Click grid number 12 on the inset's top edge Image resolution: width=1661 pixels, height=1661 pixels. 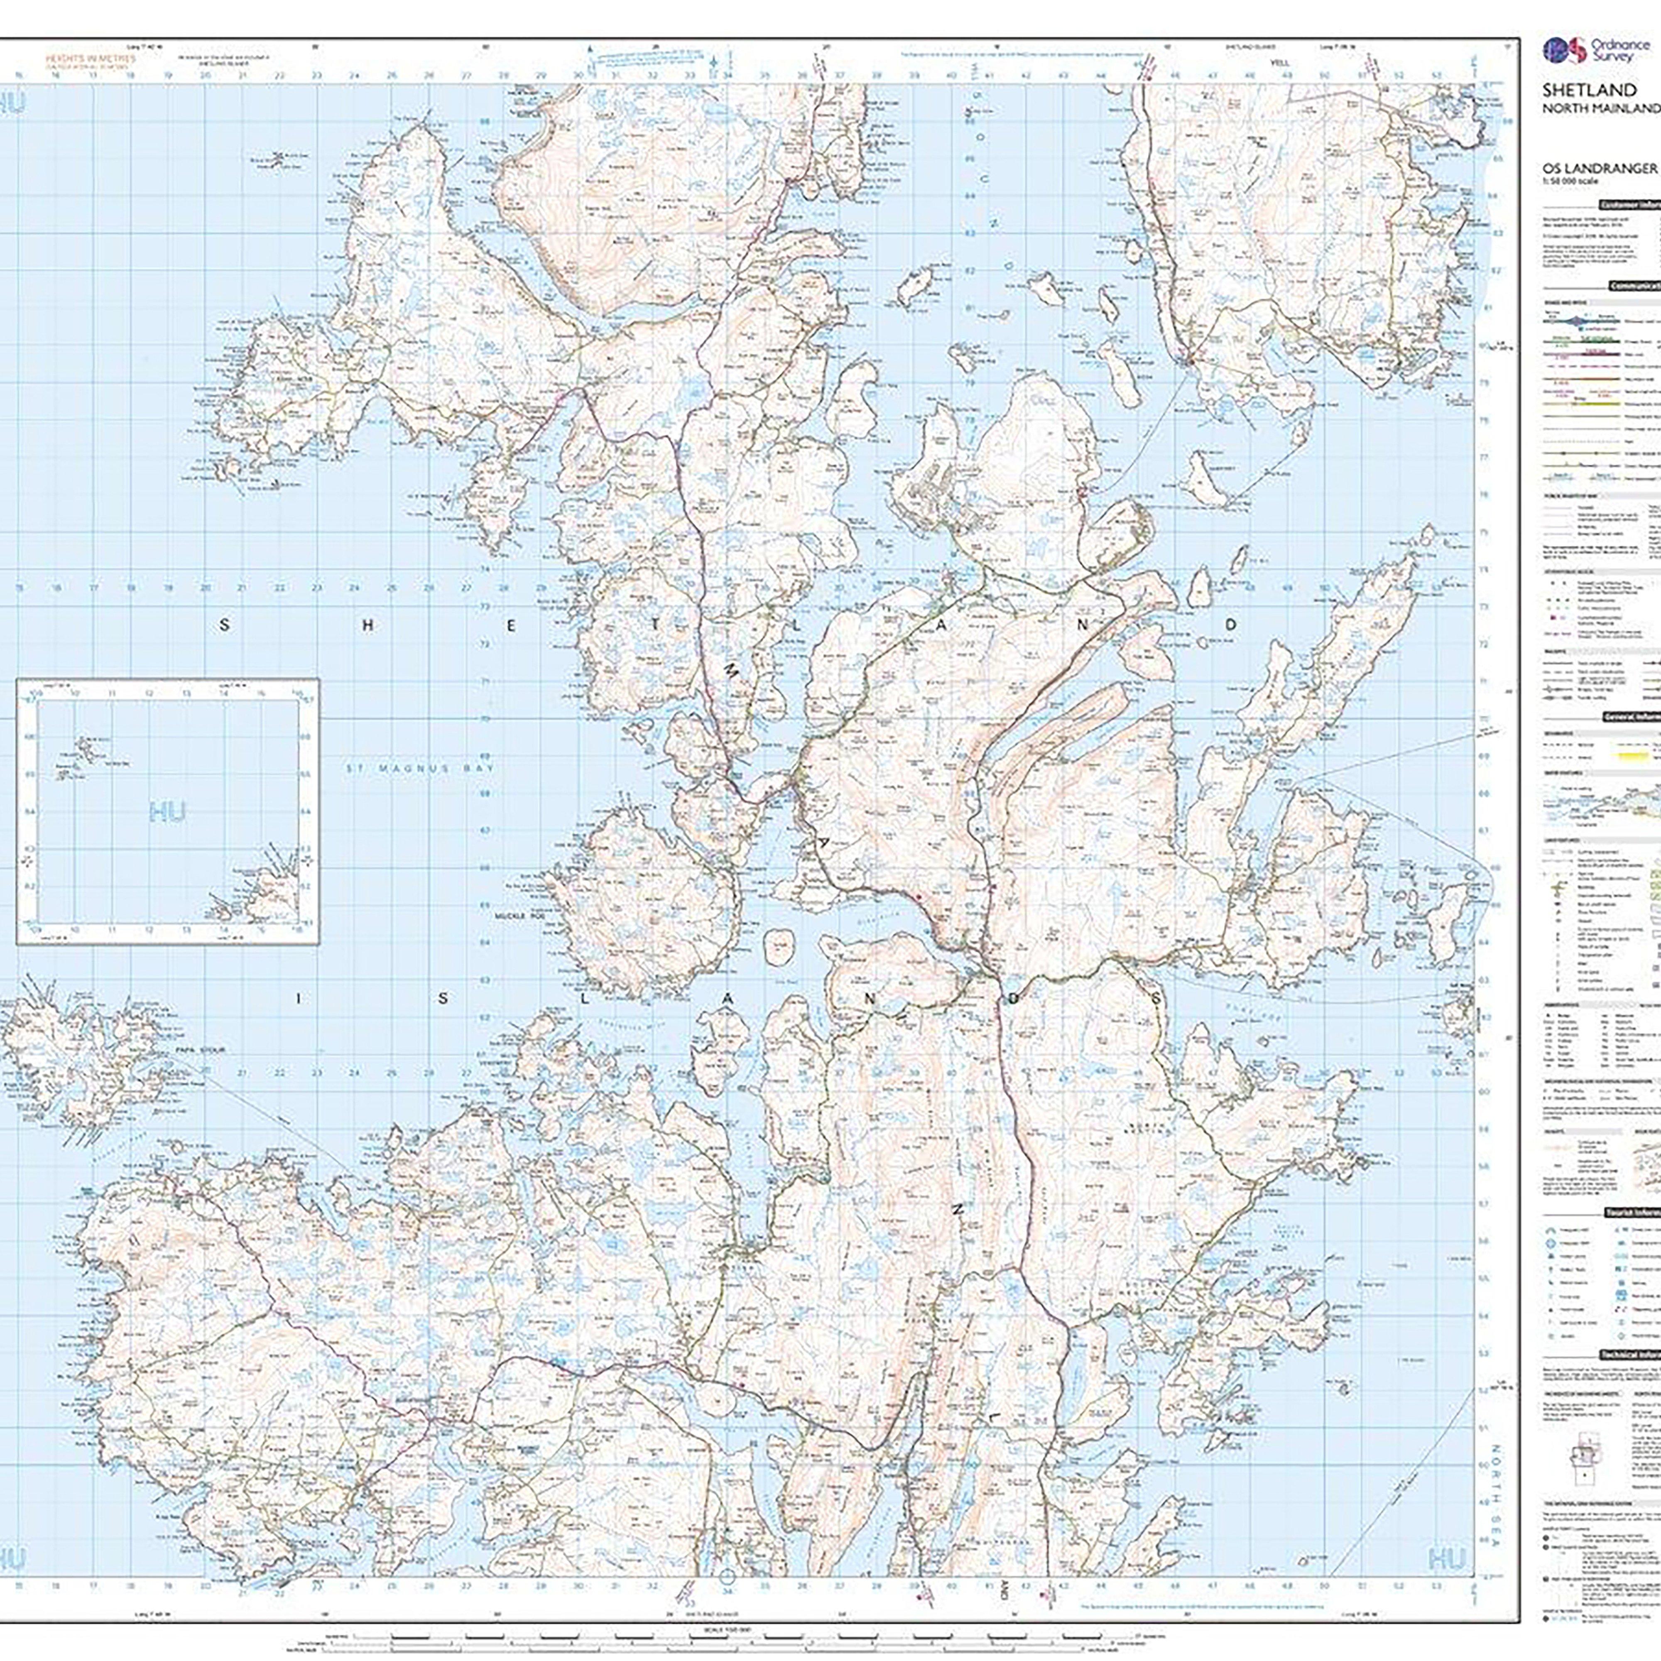(149, 693)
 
